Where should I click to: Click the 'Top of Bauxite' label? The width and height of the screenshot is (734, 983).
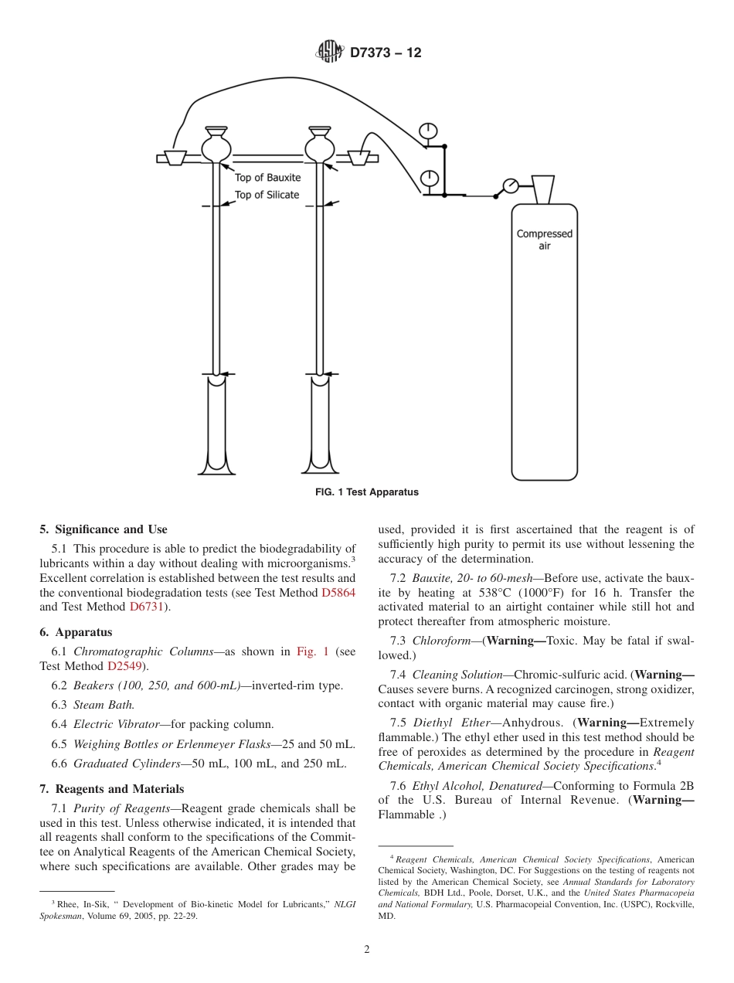267,178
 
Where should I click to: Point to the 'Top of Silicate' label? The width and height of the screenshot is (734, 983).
267,195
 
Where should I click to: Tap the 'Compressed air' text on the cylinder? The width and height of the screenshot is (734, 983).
544,240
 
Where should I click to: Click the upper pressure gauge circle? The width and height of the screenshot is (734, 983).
428,129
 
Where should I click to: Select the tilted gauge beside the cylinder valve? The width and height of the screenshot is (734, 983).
510,185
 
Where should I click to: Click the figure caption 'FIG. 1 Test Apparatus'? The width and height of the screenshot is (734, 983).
367,492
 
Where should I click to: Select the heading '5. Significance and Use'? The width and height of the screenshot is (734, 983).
104,529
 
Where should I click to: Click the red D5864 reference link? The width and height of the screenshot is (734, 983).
338,593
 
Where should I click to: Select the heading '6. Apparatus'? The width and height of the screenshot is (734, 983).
76,632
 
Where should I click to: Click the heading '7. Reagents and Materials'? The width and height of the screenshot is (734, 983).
112,789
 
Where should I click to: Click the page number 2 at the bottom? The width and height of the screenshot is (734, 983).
367,950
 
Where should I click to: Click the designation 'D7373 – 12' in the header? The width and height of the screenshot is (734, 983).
386,53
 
